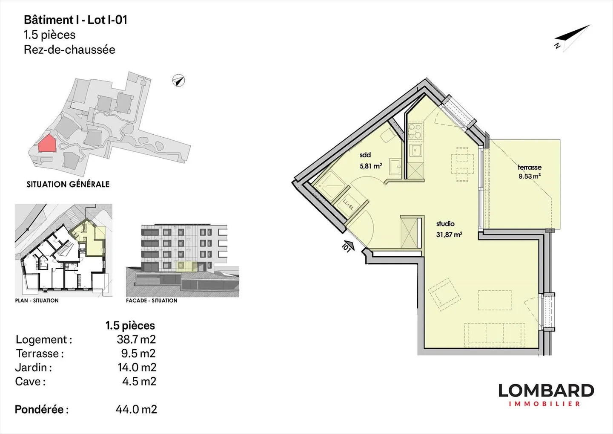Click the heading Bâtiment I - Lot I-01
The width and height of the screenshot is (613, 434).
point(75,20)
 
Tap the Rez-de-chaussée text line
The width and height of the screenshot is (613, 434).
point(69,49)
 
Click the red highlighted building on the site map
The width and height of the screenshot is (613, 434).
point(47,143)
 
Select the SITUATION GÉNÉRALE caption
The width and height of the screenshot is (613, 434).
point(68,184)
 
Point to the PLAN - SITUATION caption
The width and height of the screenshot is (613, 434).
point(37,301)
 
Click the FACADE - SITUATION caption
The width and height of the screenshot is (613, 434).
point(152,301)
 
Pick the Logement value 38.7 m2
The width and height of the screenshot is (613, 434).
point(136,339)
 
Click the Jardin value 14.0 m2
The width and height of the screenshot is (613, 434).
point(137,367)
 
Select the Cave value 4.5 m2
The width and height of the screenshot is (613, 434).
point(139,382)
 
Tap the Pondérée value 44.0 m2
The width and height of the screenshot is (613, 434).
point(136,410)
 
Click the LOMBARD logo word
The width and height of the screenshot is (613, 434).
point(546,391)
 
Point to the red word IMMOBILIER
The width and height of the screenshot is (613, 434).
point(544,404)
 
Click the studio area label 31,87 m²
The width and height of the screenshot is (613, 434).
point(450,235)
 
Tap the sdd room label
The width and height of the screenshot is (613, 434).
point(365,155)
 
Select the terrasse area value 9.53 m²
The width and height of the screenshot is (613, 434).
point(530,176)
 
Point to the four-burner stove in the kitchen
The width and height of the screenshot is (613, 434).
point(415,131)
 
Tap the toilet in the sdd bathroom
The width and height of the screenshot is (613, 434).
point(388,136)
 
